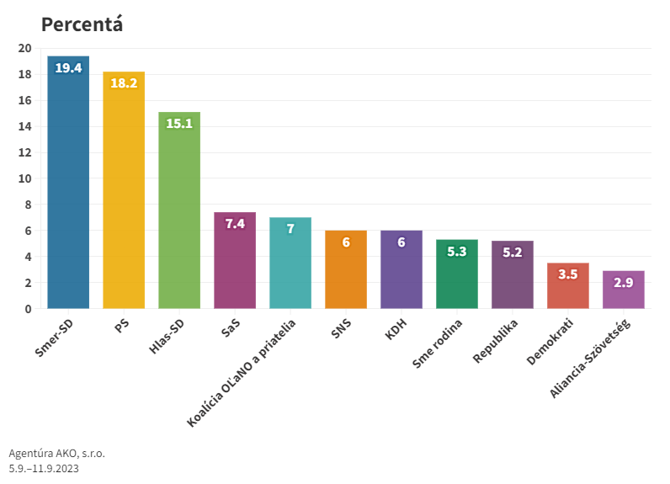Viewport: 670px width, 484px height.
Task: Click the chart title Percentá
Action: pyautogui.click(x=82, y=24)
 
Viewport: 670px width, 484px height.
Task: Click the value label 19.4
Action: pyautogui.click(x=68, y=67)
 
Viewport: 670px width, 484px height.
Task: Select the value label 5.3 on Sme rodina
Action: pyautogui.click(x=457, y=251)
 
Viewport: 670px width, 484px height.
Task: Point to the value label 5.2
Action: pyautogui.click(x=513, y=252)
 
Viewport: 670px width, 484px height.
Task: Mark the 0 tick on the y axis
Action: pyautogui.click(x=27, y=309)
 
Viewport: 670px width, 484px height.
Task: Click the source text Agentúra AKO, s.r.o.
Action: pyautogui.click(x=56, y=453)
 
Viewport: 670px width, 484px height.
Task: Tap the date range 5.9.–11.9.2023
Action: pyautogui.click(x=44, y=468)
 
